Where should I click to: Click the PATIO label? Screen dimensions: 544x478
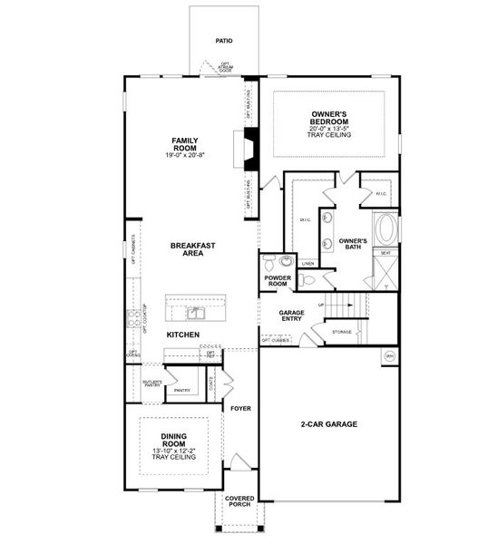tap(224, 41)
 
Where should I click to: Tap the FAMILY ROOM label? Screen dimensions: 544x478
tap(185, 144)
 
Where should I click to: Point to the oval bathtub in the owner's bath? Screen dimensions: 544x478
tap(385, 228)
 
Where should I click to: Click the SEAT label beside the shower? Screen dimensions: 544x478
tap(385, 253)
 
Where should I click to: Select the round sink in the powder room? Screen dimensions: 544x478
tap(279, 264)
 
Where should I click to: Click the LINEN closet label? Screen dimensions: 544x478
tap(307, 264)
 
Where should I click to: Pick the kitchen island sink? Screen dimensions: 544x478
tap(196, 313)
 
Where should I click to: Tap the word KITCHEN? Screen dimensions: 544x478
tap(182, 335)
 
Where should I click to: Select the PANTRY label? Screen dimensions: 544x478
tap(181, 390)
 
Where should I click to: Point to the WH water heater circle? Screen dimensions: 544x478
tap(390, 355)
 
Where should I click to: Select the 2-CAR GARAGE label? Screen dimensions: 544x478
tap(328, 424)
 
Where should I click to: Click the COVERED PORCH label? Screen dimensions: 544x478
tap(239, 501)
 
